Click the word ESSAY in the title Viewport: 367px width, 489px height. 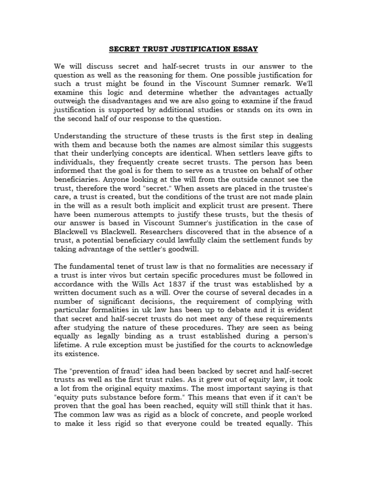(x=245, y=49)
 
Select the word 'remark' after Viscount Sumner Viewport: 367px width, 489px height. (x=279, y=83)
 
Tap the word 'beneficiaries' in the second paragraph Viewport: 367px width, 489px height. (x=76, y=170)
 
